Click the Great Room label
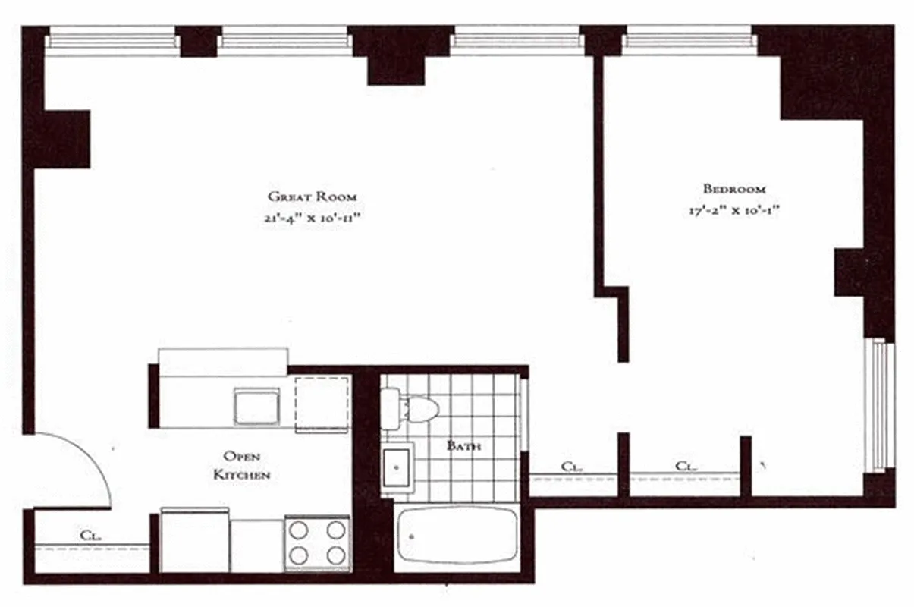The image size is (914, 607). (312, 196)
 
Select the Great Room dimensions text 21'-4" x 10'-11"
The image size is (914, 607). (312, 218)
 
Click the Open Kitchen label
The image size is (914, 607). (242, 465)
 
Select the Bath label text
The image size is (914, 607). (463, 445)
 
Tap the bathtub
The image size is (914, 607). (457, 536)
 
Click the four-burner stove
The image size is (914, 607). (317, 543)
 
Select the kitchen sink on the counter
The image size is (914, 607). (256, 406)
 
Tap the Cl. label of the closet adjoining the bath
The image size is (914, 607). (571, 467)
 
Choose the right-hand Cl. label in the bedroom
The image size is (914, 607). (686, 467)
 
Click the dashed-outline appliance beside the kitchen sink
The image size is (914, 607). (322, 402)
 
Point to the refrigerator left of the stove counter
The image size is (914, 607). (195, 541)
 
